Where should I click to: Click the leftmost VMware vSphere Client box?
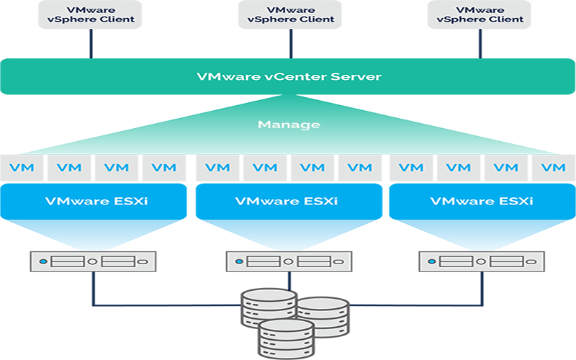pyautogui.click(x=91, y=14)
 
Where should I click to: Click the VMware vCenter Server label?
pyautogui.click(x=288, y=76)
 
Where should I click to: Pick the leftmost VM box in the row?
pyautogui.click(x=22, y=168)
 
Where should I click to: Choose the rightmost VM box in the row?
pyautogui.click(x=553, y=168)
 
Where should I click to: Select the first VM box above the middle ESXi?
pyautogui.click(x=217, y=168)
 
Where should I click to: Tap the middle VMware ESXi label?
pyautogui.click(x=288, y=201)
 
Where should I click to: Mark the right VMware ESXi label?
pyautogui.click(x=482, y=201)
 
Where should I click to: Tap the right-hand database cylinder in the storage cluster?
pyautogui.click(x=322, y=317)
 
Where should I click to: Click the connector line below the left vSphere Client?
pyautogui.click(x=91, y=44)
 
